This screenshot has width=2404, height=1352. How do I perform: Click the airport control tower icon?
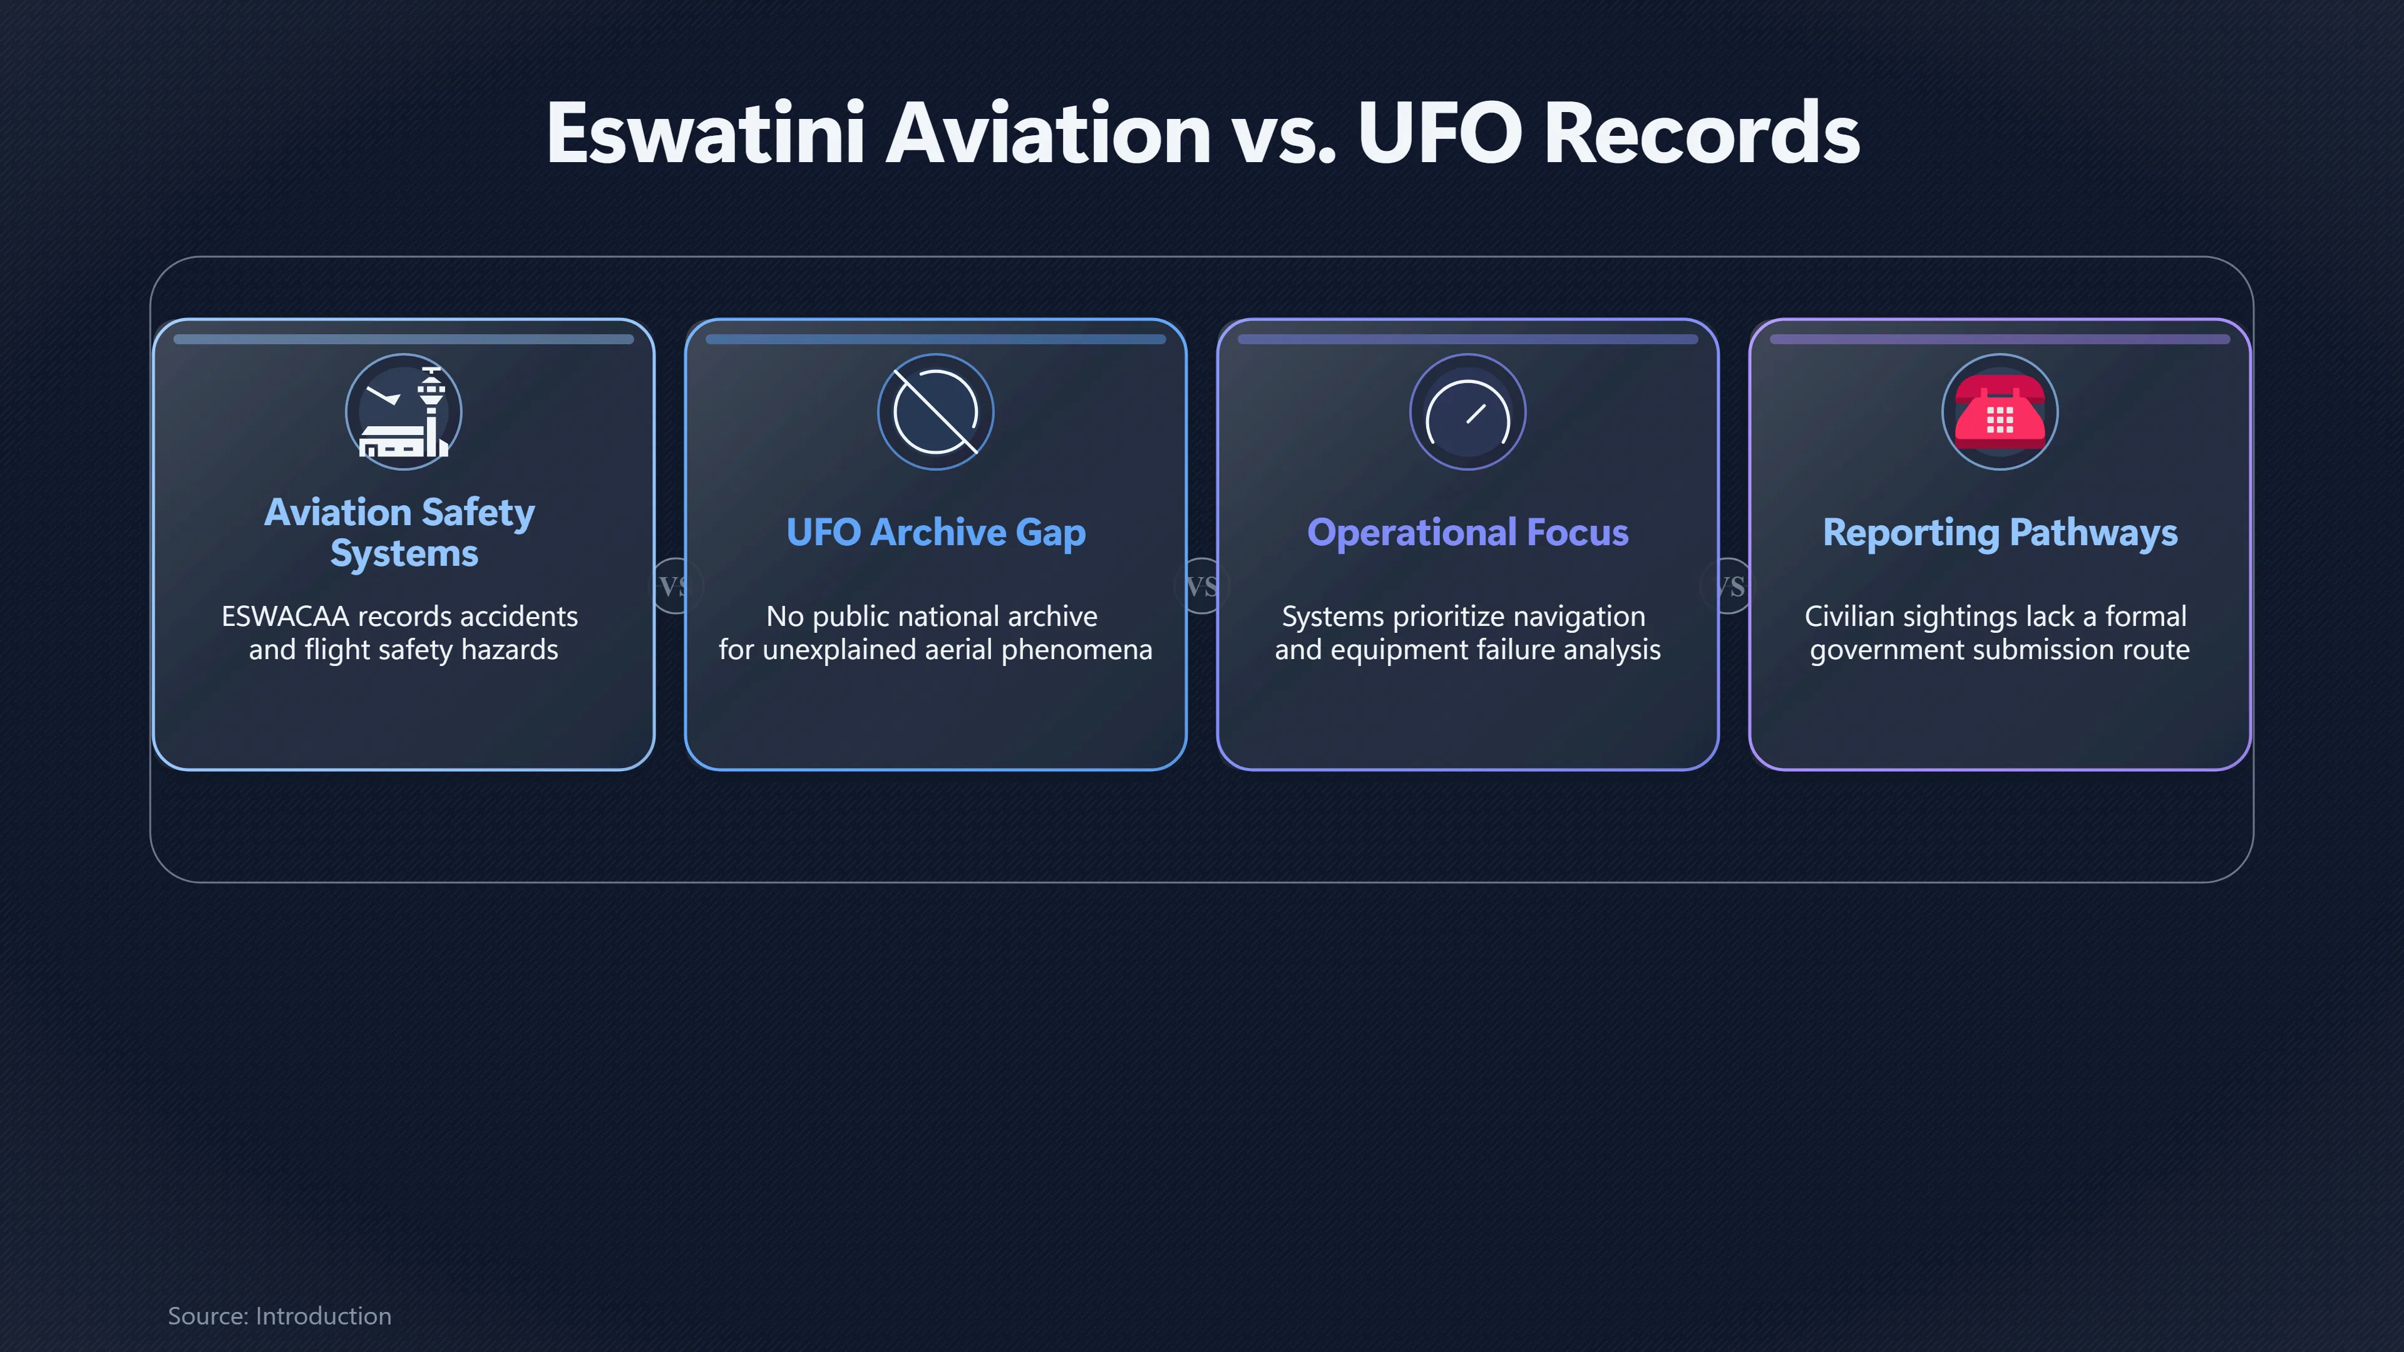(404, 411)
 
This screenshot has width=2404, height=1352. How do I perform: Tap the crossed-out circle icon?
(936, 411)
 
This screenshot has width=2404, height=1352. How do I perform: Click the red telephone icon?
(2000, 411)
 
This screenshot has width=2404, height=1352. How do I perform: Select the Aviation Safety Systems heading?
(401, 532)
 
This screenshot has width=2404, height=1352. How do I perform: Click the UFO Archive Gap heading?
(936, 533)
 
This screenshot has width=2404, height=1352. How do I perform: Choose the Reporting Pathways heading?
(2000, 533)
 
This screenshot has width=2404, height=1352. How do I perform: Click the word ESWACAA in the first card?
(285, 616)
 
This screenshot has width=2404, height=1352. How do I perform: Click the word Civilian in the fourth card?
(1850, 616)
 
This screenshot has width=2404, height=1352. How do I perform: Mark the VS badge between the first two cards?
(674, 586)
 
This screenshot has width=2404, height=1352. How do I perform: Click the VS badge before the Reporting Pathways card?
(1730, 586)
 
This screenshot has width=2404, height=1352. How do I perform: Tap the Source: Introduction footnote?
(279, 1316)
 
